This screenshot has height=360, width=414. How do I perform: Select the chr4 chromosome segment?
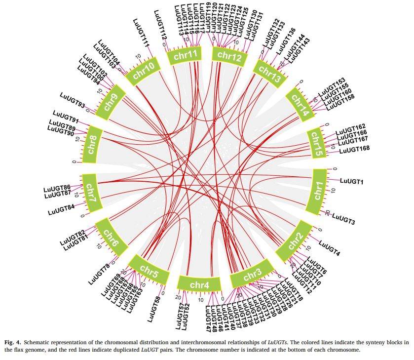199,284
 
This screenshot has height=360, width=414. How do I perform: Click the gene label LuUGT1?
351,182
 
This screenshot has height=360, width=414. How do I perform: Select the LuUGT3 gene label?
344,217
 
